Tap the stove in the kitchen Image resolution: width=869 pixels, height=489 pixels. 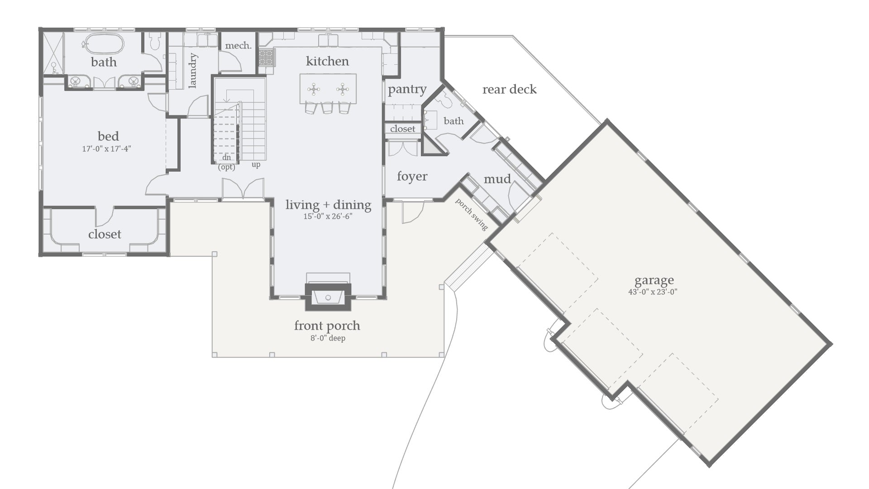click(x=267, y=58)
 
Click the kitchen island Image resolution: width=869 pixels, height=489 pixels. click(x=328, y=89)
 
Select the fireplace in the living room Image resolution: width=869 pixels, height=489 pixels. click(x=328, y=297)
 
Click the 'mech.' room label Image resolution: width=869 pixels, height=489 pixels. click(x=238, y=46)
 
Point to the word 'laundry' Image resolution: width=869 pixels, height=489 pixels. click(x=193, y=71)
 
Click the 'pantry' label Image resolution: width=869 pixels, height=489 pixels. click(x=407, y=90)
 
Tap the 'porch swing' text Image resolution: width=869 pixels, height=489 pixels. click(x=472, y=214)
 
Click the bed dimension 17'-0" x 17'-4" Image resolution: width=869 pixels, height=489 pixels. click(x=106, y=149)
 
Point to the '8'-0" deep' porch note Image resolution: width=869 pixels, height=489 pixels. click(x=328, y=338)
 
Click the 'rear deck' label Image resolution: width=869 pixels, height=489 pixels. click(x=509, y=90)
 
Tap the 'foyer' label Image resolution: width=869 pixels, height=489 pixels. click(x=412, y=177)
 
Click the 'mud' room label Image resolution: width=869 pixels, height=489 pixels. click(x=497, y=179)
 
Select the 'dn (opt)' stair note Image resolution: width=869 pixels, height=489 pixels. click(x=227, y=162)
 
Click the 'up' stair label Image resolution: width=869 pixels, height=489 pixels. click(x=256, y=164)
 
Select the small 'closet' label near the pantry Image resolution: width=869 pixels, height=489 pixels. click(x=402, y=129)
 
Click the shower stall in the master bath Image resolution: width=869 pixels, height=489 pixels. click(x=54, y=52)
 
